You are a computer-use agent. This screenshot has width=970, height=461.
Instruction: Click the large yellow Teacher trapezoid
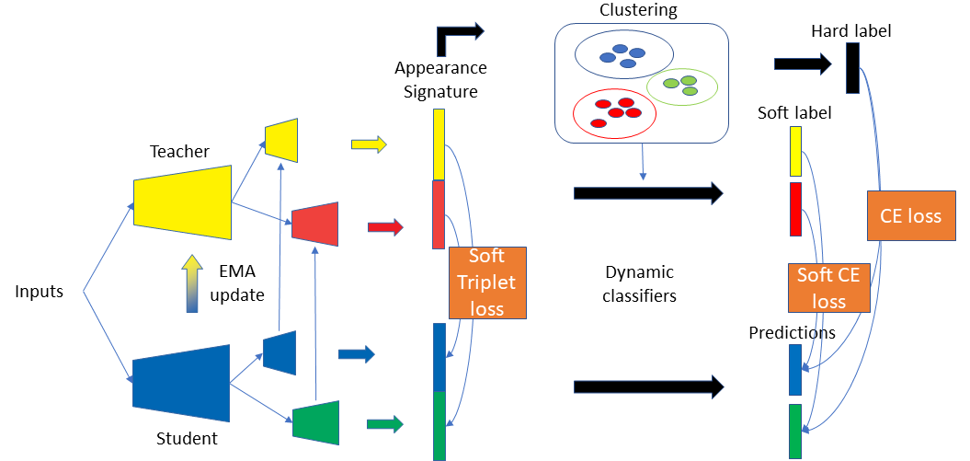(182, 202)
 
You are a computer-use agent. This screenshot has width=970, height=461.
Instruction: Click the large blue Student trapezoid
(181, 383)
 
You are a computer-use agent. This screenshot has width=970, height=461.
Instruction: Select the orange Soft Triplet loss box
(487, 282)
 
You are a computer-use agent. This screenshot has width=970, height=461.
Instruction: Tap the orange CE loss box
(910, 215)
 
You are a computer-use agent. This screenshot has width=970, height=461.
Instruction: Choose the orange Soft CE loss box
(828, 288)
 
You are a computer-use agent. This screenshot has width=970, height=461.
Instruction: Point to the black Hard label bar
(853, 68)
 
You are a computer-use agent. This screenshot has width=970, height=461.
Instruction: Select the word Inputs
(40, 292)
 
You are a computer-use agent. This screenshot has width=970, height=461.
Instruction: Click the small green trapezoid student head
(316, 422)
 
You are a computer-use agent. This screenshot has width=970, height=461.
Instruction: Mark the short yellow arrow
(369, 144)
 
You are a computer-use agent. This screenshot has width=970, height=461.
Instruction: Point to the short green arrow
(385, 424)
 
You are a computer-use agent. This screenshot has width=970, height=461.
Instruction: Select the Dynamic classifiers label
(640, 284)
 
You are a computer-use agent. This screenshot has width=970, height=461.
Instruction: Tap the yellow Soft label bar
(795, 152)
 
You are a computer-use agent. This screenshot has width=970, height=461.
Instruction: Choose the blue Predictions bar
(795, 370)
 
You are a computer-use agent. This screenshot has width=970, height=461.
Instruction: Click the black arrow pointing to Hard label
(803, 63)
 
